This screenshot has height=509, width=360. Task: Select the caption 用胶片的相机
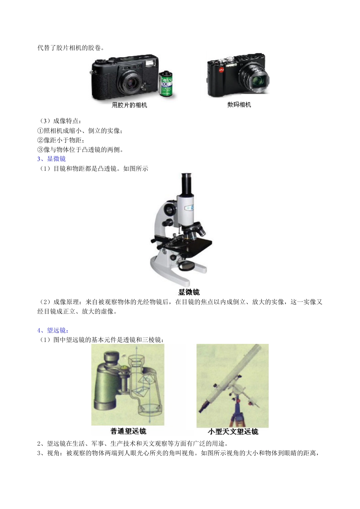129,105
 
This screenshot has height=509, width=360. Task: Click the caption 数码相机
239,105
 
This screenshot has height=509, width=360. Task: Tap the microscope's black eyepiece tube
186,184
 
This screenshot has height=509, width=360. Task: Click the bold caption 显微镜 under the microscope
189,292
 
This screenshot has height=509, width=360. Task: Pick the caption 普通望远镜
128,431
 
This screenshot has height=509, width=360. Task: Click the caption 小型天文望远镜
233,431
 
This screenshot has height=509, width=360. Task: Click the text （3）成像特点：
59,121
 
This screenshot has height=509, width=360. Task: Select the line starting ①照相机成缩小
80,131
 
